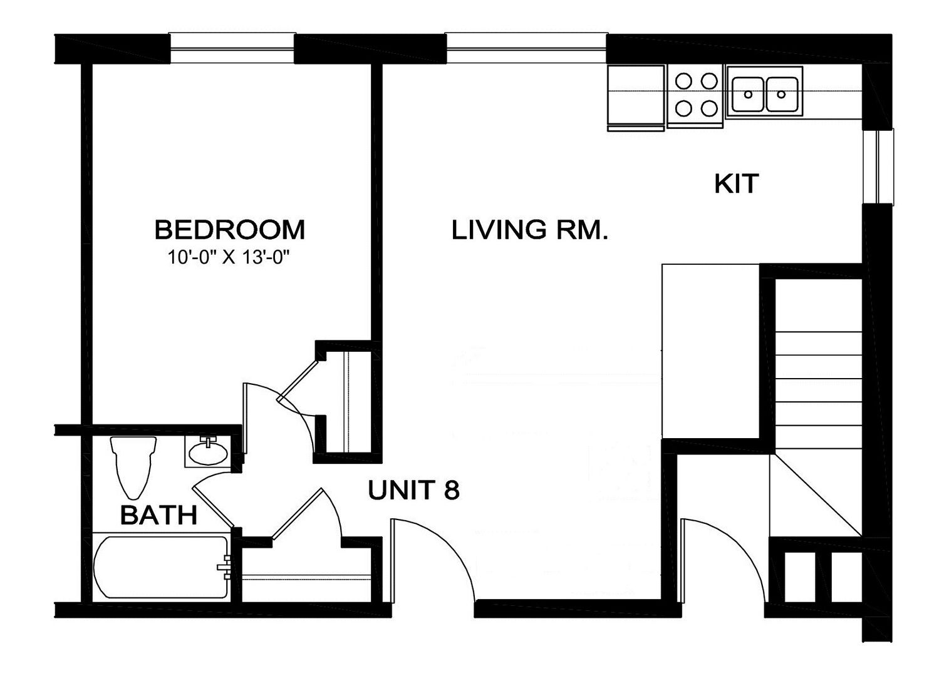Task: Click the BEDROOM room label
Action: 230,230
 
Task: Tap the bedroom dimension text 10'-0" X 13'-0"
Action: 229,257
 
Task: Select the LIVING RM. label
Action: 529,230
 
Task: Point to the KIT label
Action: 737,183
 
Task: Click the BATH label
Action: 158,515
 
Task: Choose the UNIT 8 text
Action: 413,490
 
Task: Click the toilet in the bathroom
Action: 133,468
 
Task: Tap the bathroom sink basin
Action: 208,453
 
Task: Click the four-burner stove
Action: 695,96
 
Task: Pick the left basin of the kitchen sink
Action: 748,95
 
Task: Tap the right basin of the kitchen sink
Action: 781,95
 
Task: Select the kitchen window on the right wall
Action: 878,166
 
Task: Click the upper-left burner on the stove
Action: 683,81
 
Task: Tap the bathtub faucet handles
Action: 224,567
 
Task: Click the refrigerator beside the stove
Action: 636,98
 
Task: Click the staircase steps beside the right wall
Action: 818,390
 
